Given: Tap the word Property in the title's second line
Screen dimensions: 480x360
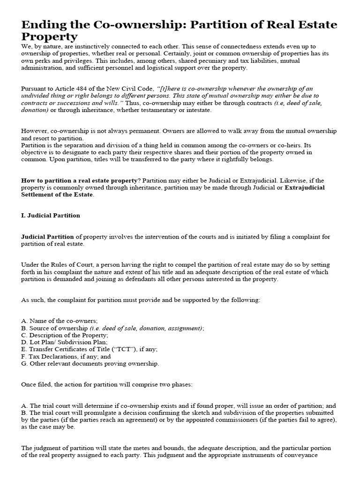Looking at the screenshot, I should point(49,37).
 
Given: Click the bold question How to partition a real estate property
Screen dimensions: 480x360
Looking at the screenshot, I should point(80,180).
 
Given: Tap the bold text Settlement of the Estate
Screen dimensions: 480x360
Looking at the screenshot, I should point(57,195).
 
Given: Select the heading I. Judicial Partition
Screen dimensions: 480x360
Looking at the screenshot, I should point(51,216).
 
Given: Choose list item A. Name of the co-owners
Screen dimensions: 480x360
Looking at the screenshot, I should point(60,321).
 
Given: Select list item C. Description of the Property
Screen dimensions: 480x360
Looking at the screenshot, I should point(65,335).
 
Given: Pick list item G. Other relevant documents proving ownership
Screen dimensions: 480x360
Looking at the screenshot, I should point(90,363).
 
